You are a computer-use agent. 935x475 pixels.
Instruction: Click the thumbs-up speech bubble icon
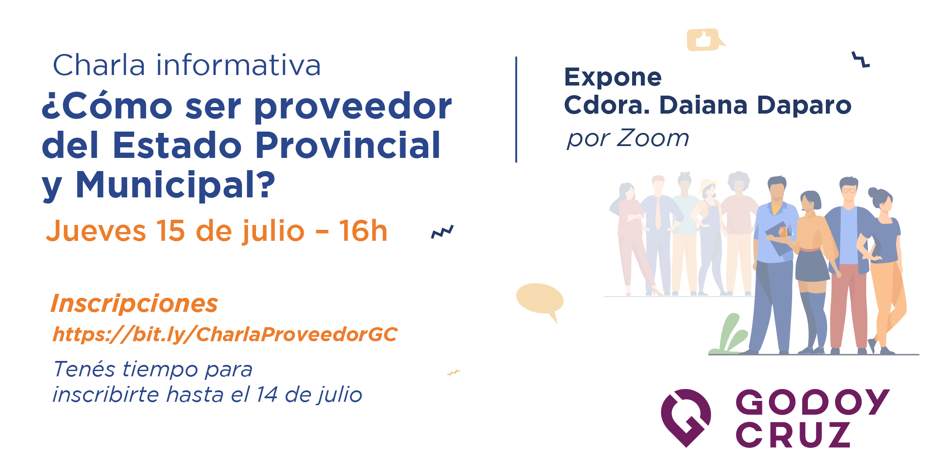coord(704,40)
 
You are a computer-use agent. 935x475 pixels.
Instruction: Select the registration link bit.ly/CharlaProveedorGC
coord(225,334)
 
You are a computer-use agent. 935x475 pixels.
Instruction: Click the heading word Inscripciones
coord(134,304)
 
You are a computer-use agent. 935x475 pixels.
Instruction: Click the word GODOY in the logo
coord(812,402)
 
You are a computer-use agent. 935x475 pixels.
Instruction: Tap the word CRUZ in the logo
coord(793,435)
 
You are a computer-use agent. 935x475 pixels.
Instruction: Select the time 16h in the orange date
coord(363,231)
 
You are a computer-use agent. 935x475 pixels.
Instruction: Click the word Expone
coord(613,78)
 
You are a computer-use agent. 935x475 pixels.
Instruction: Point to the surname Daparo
coord(804,106)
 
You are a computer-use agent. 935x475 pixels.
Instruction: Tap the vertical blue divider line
coord(516,110)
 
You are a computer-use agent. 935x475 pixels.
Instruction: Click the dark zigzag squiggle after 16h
coord(442,232)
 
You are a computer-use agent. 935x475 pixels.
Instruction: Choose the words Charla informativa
coord(187,65)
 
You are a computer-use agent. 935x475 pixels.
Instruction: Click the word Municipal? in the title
coord(176,185)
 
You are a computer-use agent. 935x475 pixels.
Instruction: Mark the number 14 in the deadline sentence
coord(267,394)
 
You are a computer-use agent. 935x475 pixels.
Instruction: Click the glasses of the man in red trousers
coord(849,190)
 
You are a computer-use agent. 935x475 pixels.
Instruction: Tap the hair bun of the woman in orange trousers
coord(873,192)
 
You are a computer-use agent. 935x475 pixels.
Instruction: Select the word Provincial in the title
coord(348,145)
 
